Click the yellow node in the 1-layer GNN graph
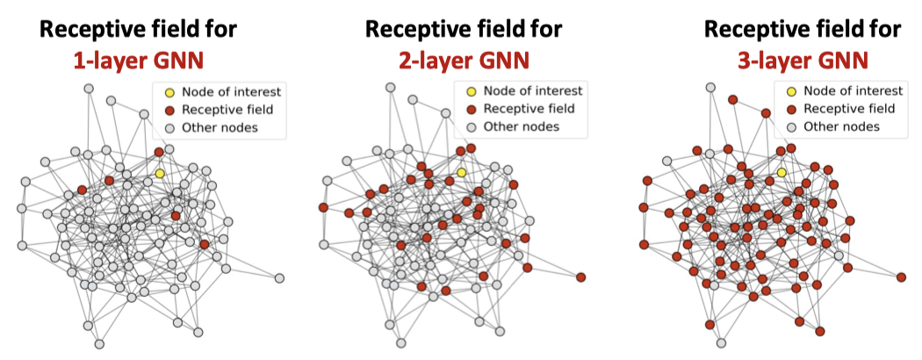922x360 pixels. (160, 174)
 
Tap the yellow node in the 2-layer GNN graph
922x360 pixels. (461, 173)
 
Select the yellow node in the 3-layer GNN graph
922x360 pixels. (781, 173)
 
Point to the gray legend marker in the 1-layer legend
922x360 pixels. (169, 128)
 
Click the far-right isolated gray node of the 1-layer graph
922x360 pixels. (279, 278)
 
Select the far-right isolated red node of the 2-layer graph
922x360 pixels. (581, 277)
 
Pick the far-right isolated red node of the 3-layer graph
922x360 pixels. (901, 277)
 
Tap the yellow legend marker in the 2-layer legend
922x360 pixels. (472, 91)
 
